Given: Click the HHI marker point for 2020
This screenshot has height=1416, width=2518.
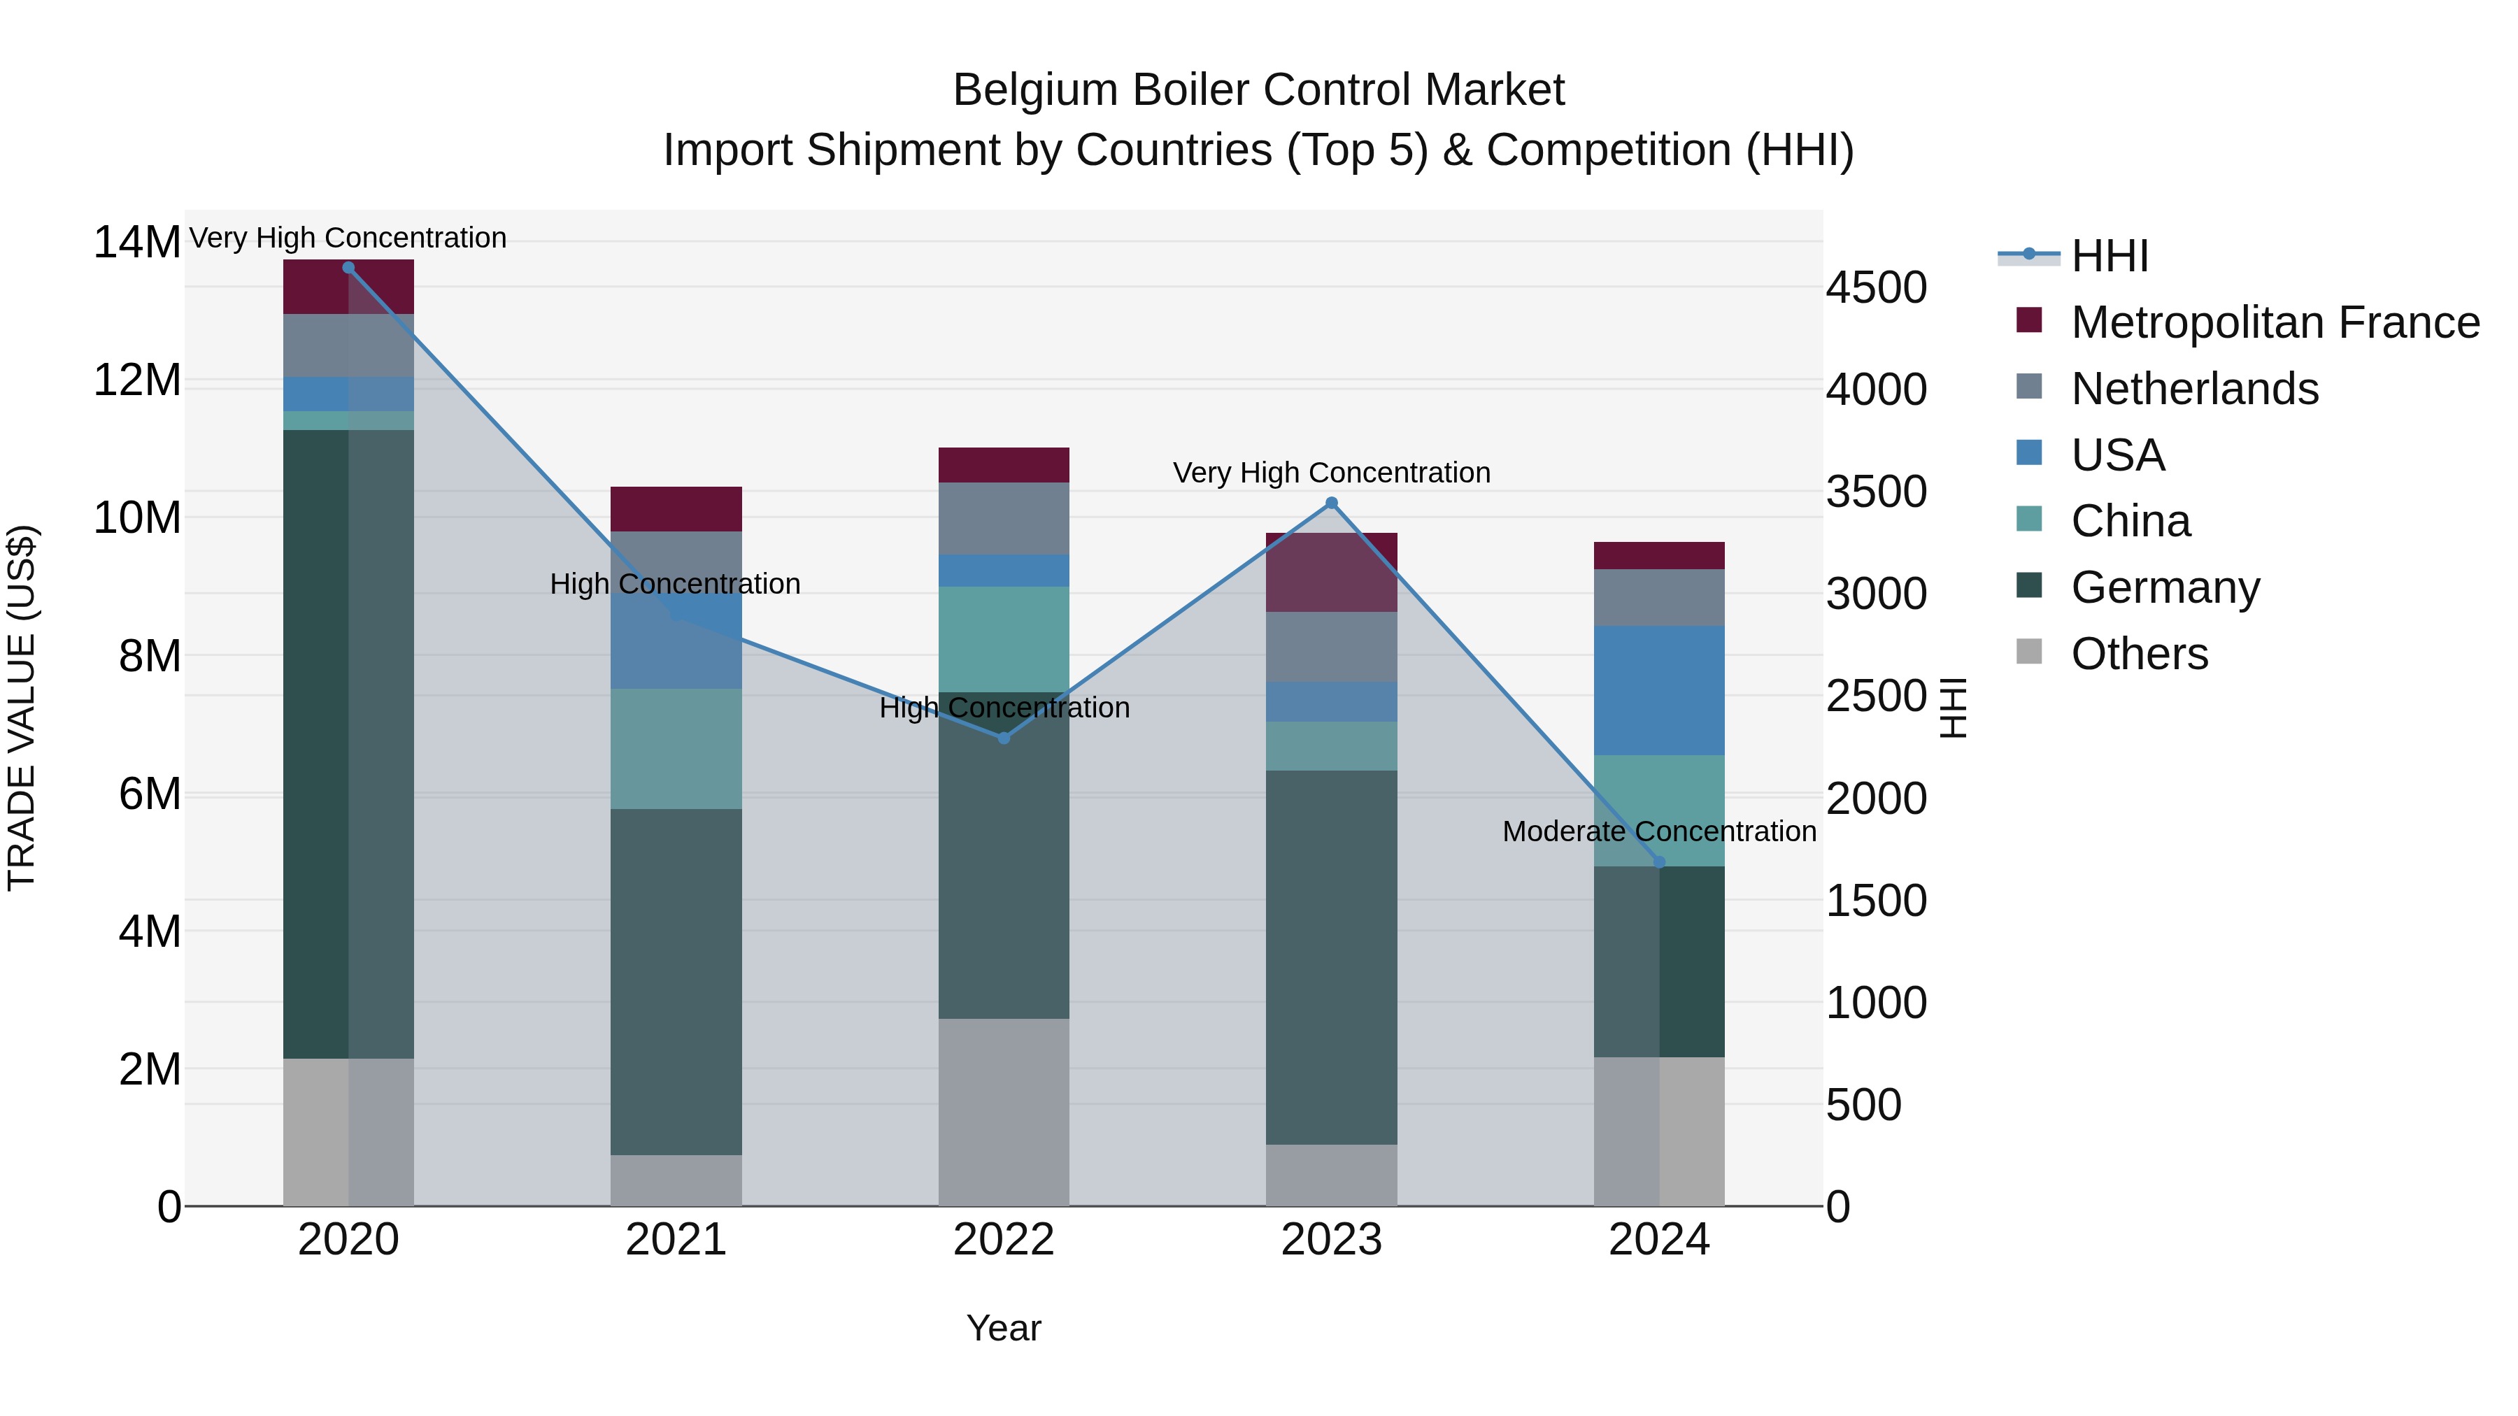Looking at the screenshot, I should tap(348, 268).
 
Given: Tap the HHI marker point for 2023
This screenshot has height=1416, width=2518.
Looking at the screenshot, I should tap(1331, 503).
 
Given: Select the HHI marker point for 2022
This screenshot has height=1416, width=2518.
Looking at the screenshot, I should tap(1004, 738).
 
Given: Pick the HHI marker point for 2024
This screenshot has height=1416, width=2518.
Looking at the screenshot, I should tap(1659, 862).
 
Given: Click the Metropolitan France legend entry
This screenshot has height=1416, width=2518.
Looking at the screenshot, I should tap(2275, 322).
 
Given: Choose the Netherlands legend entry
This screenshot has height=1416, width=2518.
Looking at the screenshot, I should tap(2194, 389).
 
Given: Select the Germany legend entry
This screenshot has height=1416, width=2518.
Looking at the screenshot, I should tap(2165, 587).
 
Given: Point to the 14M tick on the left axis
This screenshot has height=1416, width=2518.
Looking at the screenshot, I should tap(137, 243).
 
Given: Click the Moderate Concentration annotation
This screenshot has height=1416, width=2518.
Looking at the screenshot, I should tap(1659, 831).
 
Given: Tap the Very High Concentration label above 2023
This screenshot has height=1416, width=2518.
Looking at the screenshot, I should tap(1331, 473).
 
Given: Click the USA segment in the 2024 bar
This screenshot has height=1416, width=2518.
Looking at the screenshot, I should tap(1659, 690).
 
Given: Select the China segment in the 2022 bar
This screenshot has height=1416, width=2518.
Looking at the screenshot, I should tap(1004, 639).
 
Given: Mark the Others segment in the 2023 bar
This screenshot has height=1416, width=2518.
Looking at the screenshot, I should tap(1331, 1175).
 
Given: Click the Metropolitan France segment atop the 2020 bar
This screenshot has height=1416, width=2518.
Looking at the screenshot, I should tap(348, 287).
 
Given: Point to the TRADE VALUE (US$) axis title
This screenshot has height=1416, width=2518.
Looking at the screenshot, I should tap(22, 708).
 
